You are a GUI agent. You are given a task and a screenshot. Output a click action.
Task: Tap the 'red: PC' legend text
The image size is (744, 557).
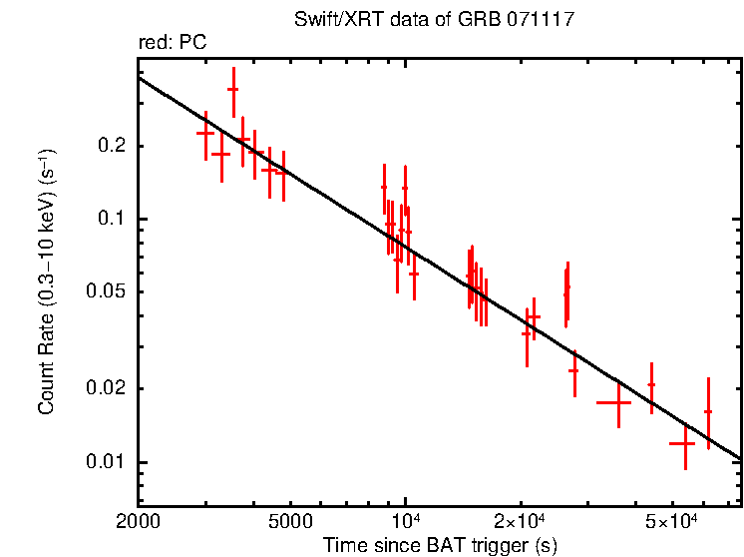[x=173, y=43]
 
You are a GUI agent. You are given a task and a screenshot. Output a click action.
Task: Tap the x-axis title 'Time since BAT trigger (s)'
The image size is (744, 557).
[x=440, y=545]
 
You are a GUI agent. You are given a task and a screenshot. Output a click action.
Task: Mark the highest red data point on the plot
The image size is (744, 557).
[x=233, y=89]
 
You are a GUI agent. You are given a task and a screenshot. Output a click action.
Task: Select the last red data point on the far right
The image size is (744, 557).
[x=708, y=411]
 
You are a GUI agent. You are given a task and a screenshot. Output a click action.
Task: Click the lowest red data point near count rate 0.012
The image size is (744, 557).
[x=682, y=442]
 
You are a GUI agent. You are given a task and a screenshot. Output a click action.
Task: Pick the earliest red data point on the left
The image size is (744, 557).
[x=205, y=133]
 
